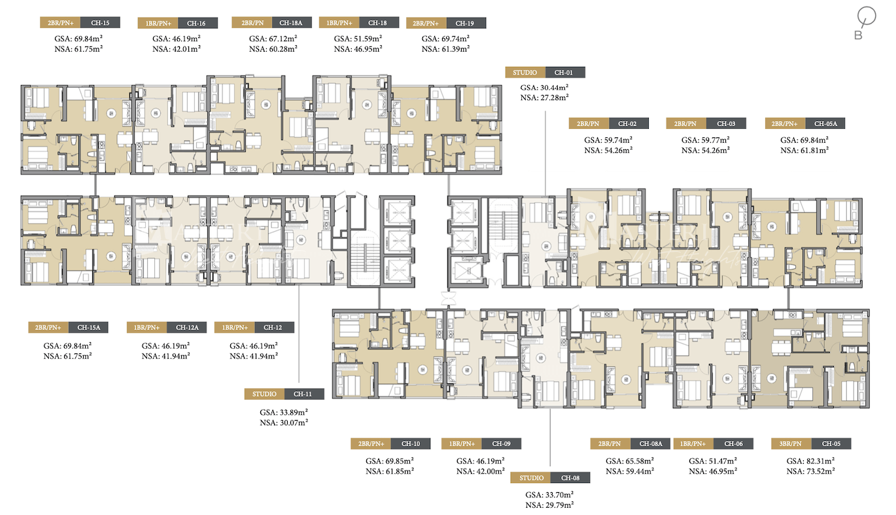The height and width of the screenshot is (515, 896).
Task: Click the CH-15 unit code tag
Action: click(x=100, y=23)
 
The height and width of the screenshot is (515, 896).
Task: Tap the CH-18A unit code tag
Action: click(x=291, y=23)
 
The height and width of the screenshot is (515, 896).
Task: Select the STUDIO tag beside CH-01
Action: click(x=525, y=73)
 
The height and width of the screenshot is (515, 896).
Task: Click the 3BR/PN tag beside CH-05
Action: click(x=791, y=444)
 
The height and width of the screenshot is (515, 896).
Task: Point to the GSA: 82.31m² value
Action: click(x=810, y=461)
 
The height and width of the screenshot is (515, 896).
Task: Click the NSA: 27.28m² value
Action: click(x=544, y=98)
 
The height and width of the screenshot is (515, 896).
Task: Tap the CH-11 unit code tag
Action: click(x=303, y=394)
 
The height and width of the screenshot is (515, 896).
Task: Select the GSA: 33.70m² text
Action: click(x=549, y=495)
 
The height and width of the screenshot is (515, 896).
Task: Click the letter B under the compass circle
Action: click(x=858, y=35)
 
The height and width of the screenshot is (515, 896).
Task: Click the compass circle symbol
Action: click(x=867, y=16)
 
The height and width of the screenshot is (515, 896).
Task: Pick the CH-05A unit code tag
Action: click(x=825, y=124)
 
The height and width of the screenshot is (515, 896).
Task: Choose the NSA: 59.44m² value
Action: click(x=630, y=471)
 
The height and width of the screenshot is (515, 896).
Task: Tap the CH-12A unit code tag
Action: click(x=187, y=328)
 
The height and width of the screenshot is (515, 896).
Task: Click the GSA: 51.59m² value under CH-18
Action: click(x=358, y=39)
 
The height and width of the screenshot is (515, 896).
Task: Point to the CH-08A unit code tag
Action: click(x=651, y=444)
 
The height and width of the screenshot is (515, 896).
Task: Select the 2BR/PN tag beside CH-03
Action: click(x=685, y=124)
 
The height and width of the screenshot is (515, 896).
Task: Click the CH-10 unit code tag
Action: click(x=411, y=444)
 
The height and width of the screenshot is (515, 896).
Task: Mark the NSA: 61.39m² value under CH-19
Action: click(x=445, y=49)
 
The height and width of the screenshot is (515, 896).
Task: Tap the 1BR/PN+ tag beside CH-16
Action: click(x=158, y=23)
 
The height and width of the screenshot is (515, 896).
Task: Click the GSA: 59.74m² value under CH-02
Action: click(x=608, y=140)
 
